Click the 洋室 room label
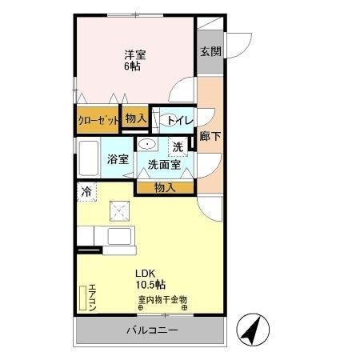point(134,54)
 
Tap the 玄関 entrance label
point(210,51)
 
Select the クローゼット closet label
point(98,120)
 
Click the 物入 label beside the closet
point(136,118)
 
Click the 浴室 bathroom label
point(118,158)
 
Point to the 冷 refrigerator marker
point(85,191)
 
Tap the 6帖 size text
point(134,66)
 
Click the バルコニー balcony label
point(152,330)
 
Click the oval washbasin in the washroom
point(147,144)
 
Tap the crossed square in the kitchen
point(121,211)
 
